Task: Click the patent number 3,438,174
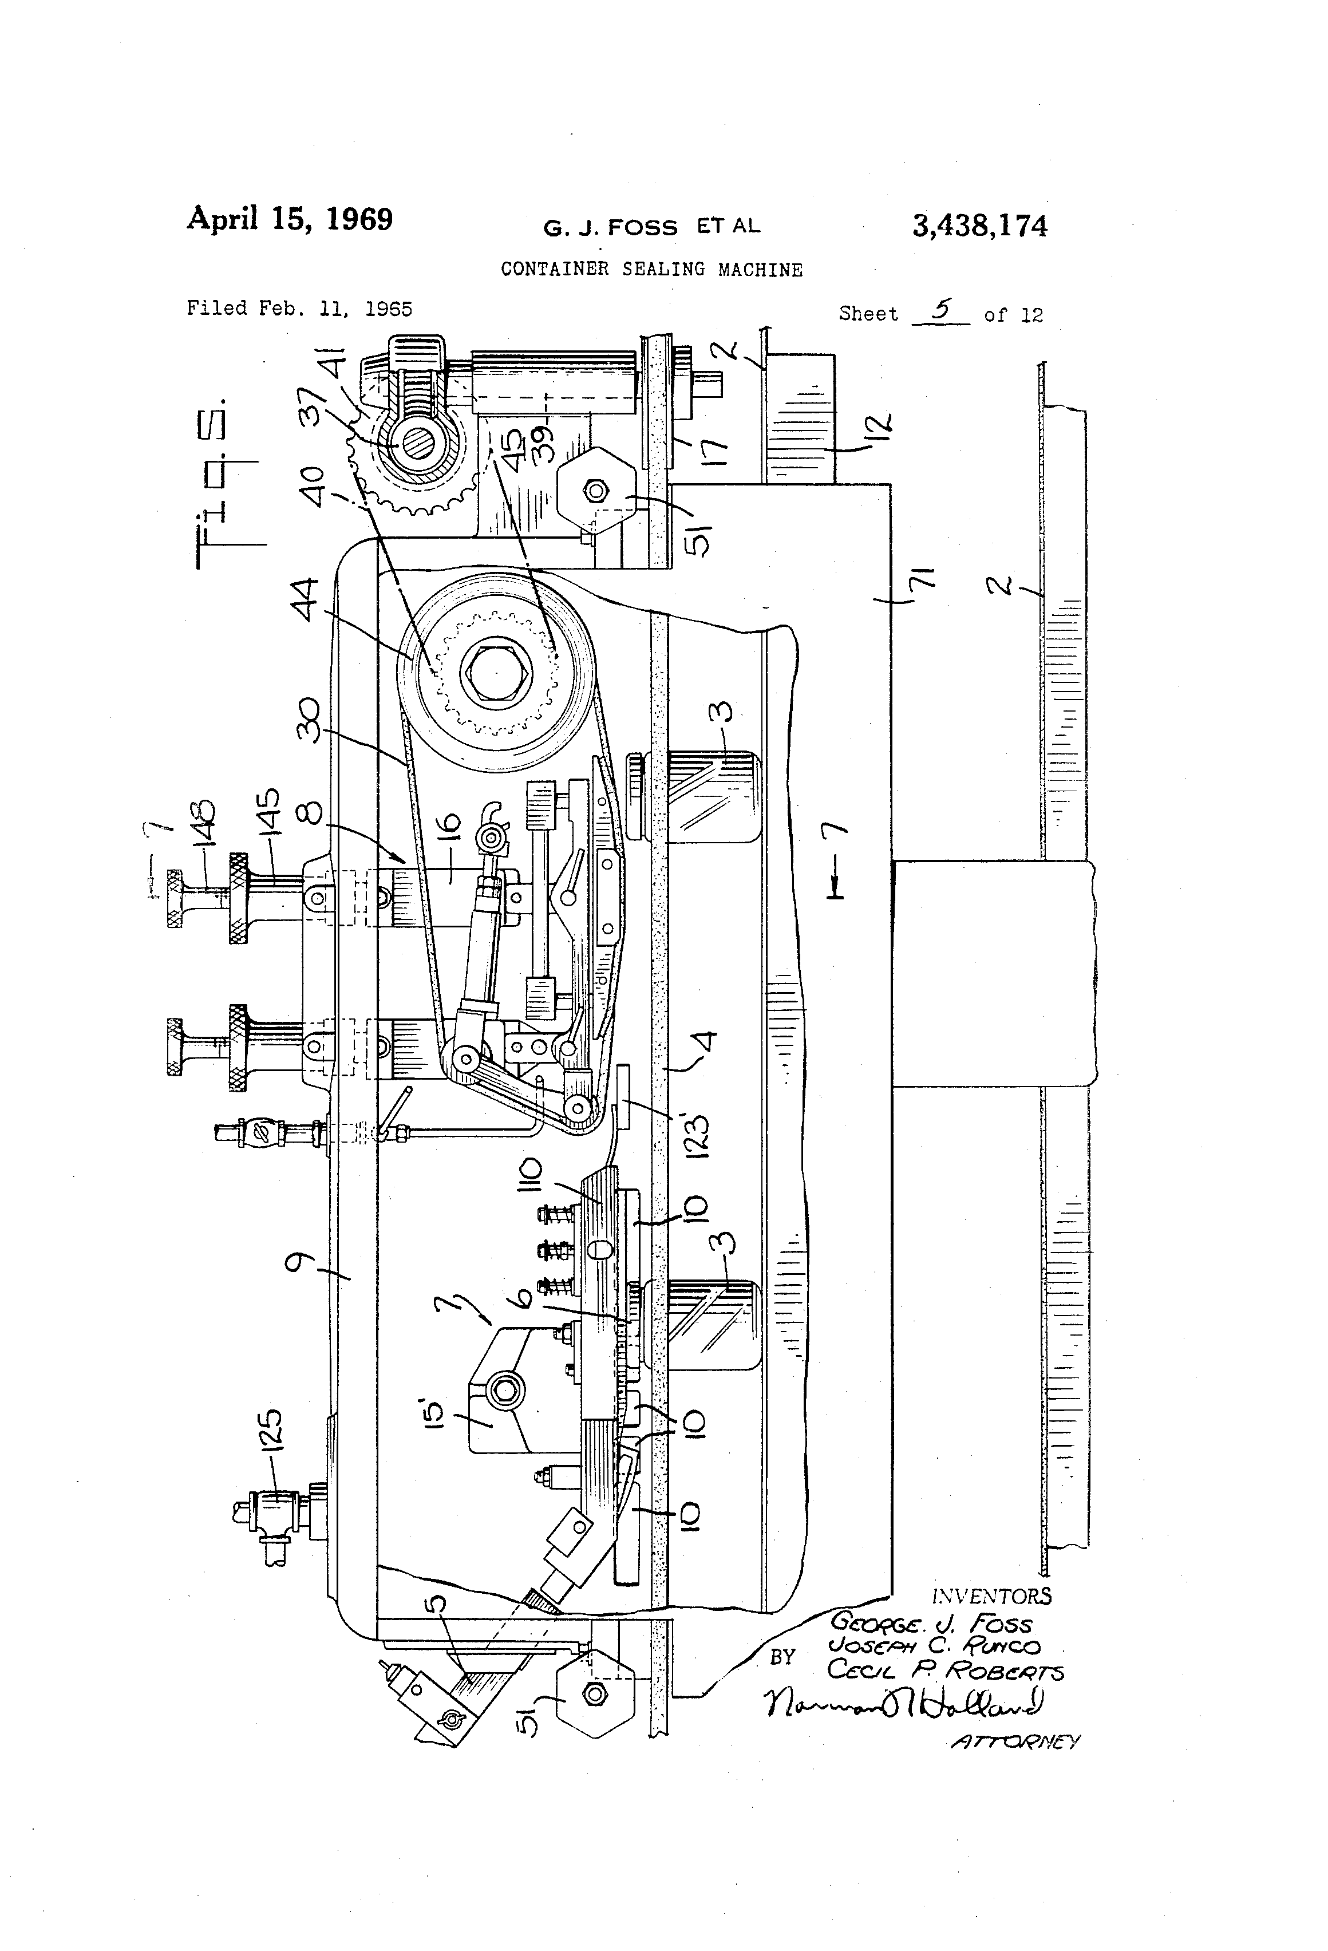(x=979, y=227)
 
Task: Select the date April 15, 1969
(x=290, y=219)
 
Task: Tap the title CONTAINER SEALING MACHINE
(x=651, y=270)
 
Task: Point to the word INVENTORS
(x=991, y=1597)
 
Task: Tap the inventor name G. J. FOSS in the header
(x=610, y=227)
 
